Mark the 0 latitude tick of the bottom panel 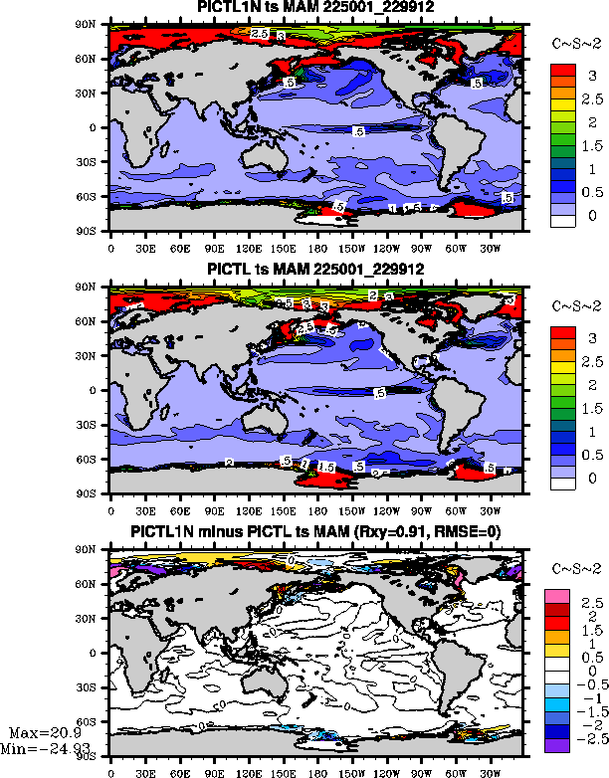click(101, 653)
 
